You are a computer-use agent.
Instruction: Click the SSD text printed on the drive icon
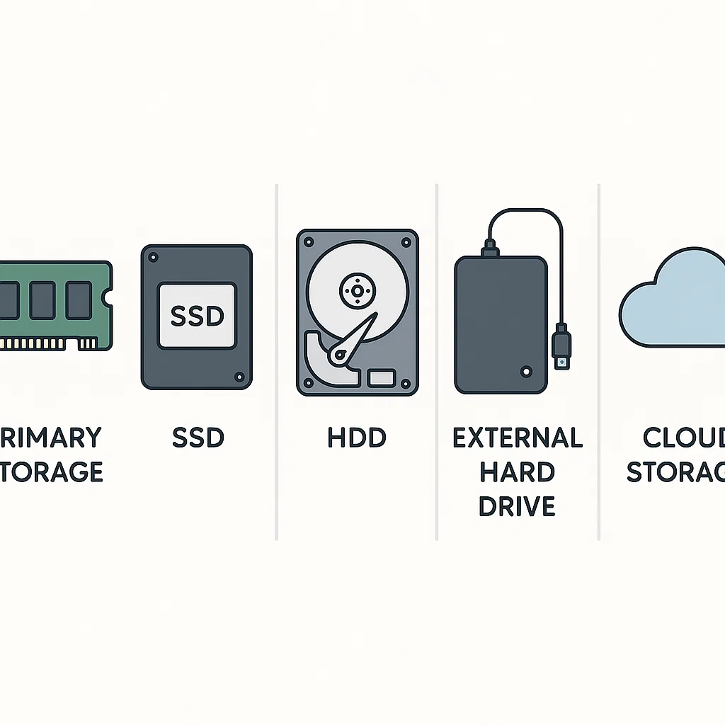197,316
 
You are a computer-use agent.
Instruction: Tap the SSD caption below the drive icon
198,438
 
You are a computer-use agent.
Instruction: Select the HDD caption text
357,438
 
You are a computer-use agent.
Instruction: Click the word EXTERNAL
518,438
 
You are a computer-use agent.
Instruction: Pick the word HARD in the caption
518,472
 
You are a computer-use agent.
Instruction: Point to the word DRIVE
518,506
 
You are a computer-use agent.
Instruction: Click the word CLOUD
684,438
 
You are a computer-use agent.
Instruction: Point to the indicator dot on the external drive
525,370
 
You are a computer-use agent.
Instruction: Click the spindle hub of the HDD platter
357,290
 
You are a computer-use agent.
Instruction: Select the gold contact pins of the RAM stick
42,344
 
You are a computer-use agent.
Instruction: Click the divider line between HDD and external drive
437,361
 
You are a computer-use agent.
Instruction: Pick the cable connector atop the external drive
489,249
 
